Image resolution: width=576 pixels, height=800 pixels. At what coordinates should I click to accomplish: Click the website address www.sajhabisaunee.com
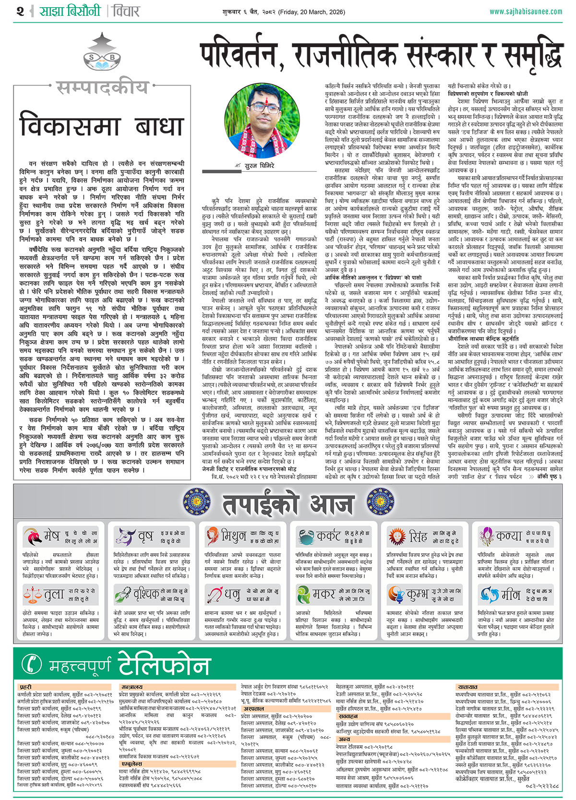coord(526,12)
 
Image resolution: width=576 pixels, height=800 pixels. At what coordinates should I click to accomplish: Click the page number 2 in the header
coord(20,11)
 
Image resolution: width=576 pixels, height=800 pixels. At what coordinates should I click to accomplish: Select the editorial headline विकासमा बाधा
coord(102,126)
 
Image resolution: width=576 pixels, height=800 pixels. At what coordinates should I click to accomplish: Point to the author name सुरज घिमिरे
coord(259,166)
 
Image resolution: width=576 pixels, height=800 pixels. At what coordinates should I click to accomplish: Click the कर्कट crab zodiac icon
coord(306,536)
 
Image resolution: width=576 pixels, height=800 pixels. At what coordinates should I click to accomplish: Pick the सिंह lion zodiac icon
coord(397,536)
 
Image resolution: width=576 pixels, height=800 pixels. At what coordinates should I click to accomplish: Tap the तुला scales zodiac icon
coord(32,595)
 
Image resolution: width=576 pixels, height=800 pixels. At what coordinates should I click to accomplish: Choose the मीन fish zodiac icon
coord(488,595)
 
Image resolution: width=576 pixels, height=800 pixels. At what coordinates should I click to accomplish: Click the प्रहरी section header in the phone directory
coord(25,687)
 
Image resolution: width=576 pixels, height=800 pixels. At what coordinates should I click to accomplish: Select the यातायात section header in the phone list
coord(467,687)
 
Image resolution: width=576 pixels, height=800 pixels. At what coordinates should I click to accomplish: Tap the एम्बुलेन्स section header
coord(131,763)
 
